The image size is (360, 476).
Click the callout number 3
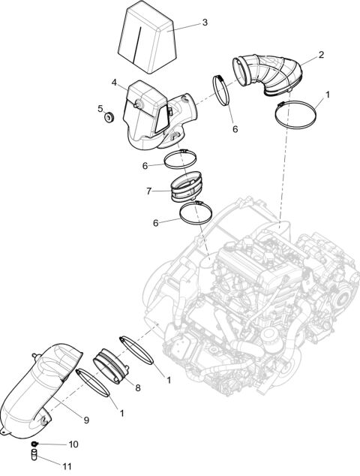[x=204, y=23]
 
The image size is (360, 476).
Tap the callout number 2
[x=321, y=55]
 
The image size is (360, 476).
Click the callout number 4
[x=114, y=83]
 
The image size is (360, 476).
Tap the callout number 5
[x=100, y=108]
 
